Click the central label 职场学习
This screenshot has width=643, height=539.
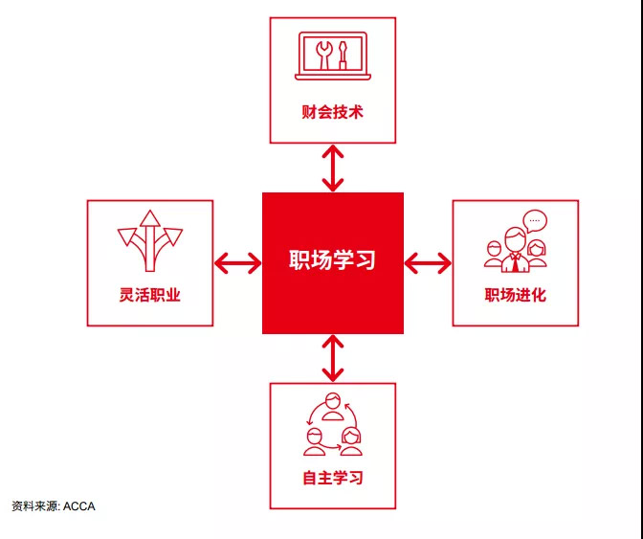[332, 259]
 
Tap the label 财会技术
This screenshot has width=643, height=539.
[333, 112]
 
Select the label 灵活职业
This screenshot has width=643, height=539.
[149, 295]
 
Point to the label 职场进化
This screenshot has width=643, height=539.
[516, 295]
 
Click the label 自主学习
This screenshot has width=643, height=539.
[333, 478]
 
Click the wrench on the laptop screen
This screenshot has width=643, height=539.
[322, 55]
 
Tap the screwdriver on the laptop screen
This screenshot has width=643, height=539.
[342, 55]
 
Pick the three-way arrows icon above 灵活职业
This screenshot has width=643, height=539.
[150, 241]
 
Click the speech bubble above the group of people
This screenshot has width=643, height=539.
[535, 221]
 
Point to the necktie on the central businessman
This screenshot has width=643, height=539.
[515, 263]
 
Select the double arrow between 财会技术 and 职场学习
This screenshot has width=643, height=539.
[333, 168]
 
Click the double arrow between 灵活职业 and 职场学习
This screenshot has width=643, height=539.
[237, 263]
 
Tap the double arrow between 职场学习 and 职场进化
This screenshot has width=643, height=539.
[428, 263]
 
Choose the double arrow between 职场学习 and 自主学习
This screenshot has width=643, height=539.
[333, 358]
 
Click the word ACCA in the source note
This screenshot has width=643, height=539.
[79, 506]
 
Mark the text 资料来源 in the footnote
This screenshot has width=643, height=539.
[34, 506]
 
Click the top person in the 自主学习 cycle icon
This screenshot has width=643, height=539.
[333, 407]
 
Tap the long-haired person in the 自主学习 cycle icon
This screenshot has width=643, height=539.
[351, 441]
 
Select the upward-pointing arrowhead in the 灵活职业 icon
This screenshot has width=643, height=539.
[150, 218]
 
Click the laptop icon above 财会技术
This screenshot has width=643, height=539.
[333, 56]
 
